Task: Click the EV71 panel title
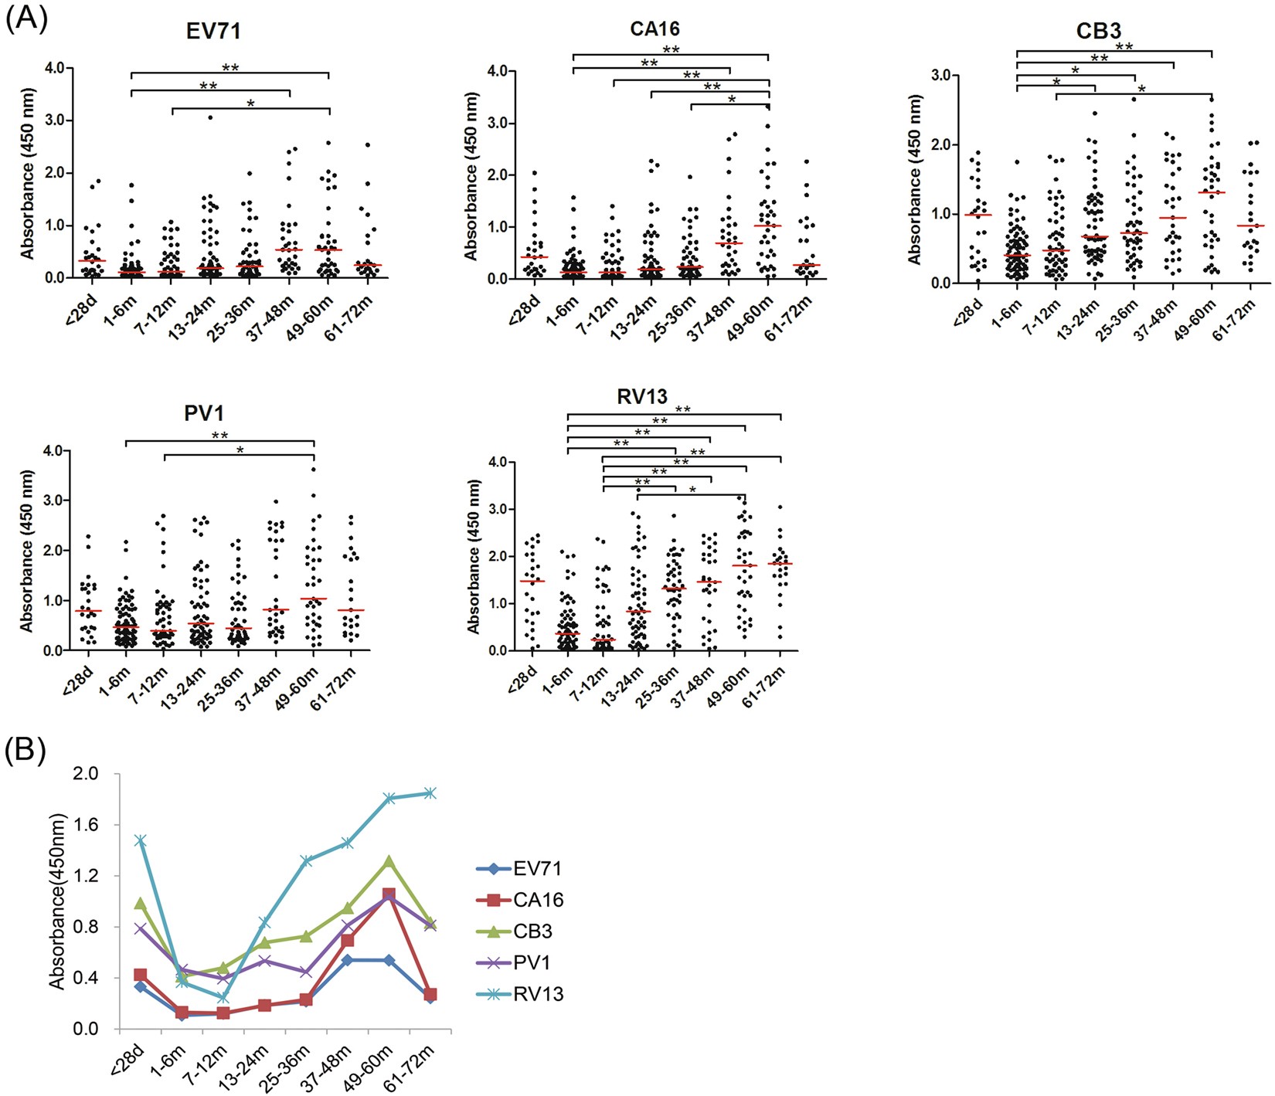[213, 31]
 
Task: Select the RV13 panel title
[641, 397]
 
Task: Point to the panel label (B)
[26, 749]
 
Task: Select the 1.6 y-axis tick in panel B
[88, 825]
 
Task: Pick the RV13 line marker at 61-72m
[430, 793]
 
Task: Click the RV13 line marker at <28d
[140, 840]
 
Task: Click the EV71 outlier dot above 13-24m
[209, 117]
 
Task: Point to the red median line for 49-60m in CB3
[1212, 192]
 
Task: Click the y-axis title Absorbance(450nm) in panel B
[57, 901]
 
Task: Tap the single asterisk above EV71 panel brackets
[250, 103]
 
